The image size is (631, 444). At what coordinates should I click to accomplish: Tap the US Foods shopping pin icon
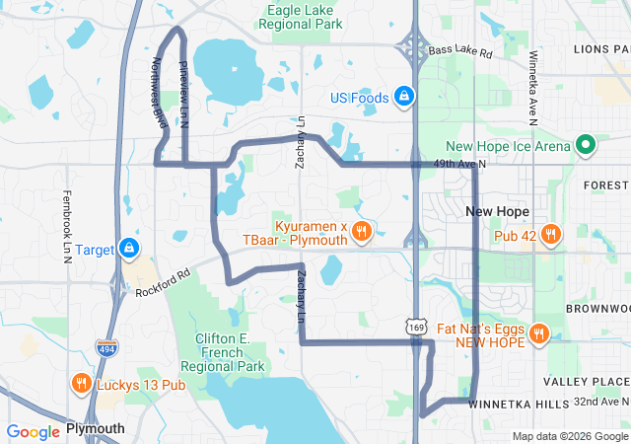[x=403, y=97]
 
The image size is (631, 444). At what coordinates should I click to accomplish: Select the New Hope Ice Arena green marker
[x=585, y=147]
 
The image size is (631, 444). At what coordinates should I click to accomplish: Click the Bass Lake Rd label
[x=460, y=49]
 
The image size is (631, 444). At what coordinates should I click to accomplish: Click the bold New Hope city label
[x=497, y=212]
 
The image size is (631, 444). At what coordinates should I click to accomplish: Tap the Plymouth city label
[x=96, y=429]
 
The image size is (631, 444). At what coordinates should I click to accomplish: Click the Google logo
[x=33, y=431]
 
